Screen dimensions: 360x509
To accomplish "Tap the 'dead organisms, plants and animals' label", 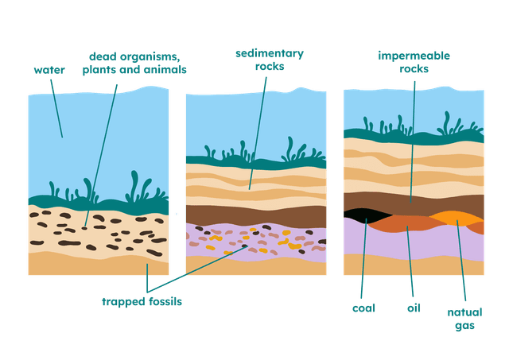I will (x=134, y=61).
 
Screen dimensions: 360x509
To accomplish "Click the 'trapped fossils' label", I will (x=142, y=302).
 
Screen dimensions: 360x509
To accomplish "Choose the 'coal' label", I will (x=362, y=308).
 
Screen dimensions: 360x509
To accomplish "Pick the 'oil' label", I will (x=412, y=308).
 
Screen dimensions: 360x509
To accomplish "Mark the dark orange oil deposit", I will (x=406, y=224).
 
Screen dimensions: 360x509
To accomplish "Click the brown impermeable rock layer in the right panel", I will (x=414, y=203).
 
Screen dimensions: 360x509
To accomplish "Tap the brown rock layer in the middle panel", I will (x=254, y=215).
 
